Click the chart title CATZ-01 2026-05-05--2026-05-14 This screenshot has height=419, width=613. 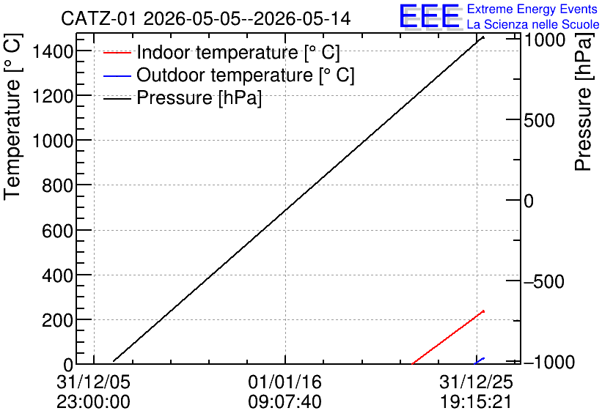pyautogui.click(x=205, y=19)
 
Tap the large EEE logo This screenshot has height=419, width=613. pyautogui.click(x=430, y=16)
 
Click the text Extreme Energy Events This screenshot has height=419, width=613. pyautogui.click(x=532, y=9)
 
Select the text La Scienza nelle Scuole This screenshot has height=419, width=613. pyautogui.click(x=533, y=25)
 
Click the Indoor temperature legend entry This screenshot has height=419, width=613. pyautogui.click(x=221, y=52)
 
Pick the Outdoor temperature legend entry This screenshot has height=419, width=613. pyautogui.click(x=229, y=75)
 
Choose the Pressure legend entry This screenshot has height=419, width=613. pyautogui.click(x=183, y=97)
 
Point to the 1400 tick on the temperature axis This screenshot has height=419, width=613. pyautogui.click(x=53, y=51)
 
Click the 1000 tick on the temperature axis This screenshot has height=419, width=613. pyautogui.click(x=53, y=140)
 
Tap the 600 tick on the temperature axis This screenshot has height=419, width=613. pyautogui.click(x=57, y=230)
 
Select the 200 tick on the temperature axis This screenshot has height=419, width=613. pyautogui.click(x=57, y=320)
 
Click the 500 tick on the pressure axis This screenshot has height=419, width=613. pyautogui.click(x=539, y=120)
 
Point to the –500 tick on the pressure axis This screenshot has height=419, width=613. pyautogui.click(x=544, y=281)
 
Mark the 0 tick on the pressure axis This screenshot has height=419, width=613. pyautogui.click(x=529, y=201)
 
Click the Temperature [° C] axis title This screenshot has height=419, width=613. pyautogui.click(x=12, y=117)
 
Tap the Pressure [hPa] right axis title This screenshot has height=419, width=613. pyautogui.click(x=583, y=102)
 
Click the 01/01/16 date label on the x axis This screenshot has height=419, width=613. pyautogui.click(x=285, y=382)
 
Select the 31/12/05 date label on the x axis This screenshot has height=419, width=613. pyautogui.click(x=93, y=382)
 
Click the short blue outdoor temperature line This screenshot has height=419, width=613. pyautogui.click(x=480, y=361)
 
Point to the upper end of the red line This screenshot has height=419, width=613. pyautogui.click(x=484, y=311)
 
